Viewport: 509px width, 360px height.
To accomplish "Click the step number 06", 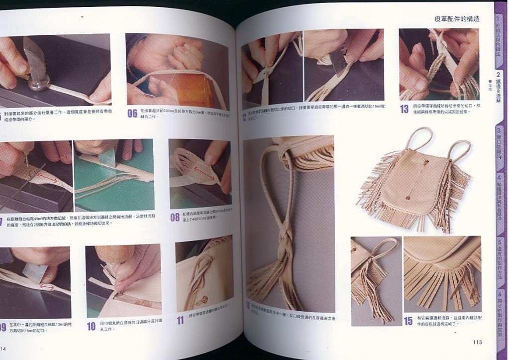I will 132,113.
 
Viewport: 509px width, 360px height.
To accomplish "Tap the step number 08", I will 175,217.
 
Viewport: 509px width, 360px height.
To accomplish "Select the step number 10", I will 91,327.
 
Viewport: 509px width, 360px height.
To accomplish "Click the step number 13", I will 405,109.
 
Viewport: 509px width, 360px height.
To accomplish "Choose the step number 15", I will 408,321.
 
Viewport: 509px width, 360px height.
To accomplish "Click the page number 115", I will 477,342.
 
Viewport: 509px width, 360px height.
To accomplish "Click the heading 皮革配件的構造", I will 457,19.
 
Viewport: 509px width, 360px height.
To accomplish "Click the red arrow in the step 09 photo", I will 48,287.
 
